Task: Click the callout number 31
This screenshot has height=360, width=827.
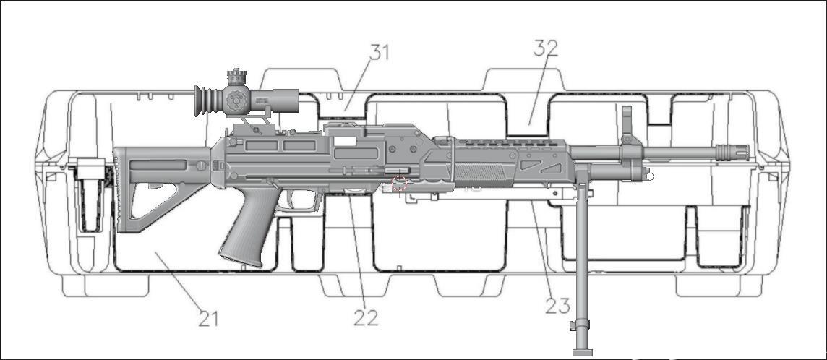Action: click(380, 52)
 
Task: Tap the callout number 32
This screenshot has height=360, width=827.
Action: click(546, 48)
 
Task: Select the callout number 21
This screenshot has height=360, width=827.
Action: click(208, 318)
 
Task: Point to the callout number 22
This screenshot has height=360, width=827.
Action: click(366, 317)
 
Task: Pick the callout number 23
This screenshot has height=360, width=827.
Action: click(557, 306)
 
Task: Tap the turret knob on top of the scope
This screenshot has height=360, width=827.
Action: click(236, 77)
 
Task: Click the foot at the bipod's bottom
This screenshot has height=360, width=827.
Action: click(582, 352)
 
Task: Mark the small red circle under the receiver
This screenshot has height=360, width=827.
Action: click(399, 182)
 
